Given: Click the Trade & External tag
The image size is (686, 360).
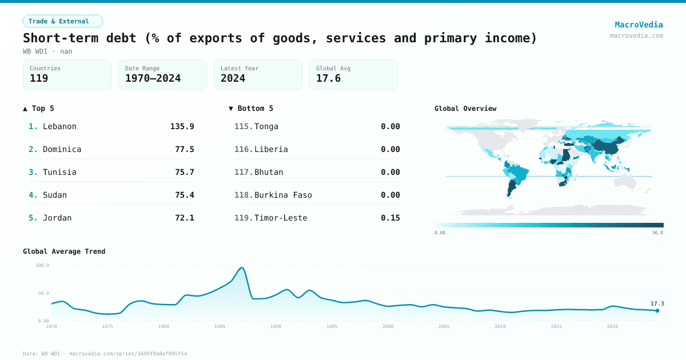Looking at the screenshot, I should [x=62, y=21].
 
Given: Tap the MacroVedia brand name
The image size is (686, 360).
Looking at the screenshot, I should [x=639, y=25].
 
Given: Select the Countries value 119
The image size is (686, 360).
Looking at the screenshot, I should [x=39, y=78].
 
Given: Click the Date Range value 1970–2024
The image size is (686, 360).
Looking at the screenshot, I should [x=153, y=78].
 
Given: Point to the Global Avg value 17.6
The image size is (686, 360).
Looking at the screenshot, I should [x=328, y=78].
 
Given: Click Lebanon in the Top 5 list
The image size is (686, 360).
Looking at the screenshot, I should [x=59, y=126].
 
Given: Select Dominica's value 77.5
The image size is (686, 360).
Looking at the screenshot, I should [x=184, y=149].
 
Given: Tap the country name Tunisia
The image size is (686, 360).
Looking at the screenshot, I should [x=59, y=172].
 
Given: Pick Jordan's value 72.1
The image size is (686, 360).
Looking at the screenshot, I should [x=184, y=218].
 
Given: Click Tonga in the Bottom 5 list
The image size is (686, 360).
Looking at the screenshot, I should [x=266, y=126].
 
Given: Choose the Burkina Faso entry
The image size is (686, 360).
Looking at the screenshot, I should [x=283, y=195].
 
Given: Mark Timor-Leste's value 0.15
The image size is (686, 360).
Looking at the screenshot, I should [x=390, y=218].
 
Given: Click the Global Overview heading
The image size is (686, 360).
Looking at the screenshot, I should [x=465, y=109].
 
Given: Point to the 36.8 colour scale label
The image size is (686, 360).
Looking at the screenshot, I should [x=657, y=233].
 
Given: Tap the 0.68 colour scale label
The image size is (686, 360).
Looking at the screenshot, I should [x=440, y=233].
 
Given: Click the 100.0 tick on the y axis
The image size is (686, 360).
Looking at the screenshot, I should [x=42, y=265].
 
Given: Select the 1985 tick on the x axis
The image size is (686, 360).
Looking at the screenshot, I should [x=220, y=326].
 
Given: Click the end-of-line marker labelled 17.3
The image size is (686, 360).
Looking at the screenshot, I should [x=657, y=310].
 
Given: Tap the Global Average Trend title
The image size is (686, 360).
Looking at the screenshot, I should [x=64, y=251].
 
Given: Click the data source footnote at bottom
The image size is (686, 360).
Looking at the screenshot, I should [x=105, y=354].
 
